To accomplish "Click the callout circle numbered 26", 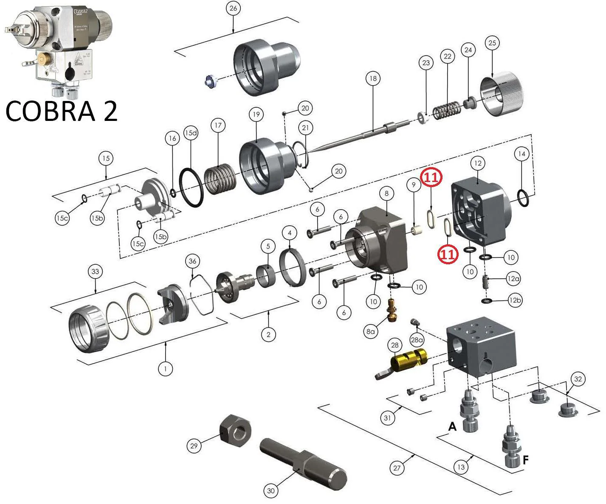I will [x=233, y=8].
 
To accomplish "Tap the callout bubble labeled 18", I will [x=373, y=78].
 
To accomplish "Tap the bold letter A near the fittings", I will [x=452, y=426].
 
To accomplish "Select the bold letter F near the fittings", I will [x=525, y=459].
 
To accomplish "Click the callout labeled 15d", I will [x=191, y=132].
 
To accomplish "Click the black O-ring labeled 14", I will [x=524, y=198].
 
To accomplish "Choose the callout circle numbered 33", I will [x=95, y=272].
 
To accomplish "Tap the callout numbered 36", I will [x=193, y=261].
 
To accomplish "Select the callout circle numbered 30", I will [x=271, y=491].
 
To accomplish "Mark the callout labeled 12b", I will [x=515, y=300].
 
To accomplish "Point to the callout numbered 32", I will [x=578, y=379].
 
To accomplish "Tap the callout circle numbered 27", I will [x=397, y=468].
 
